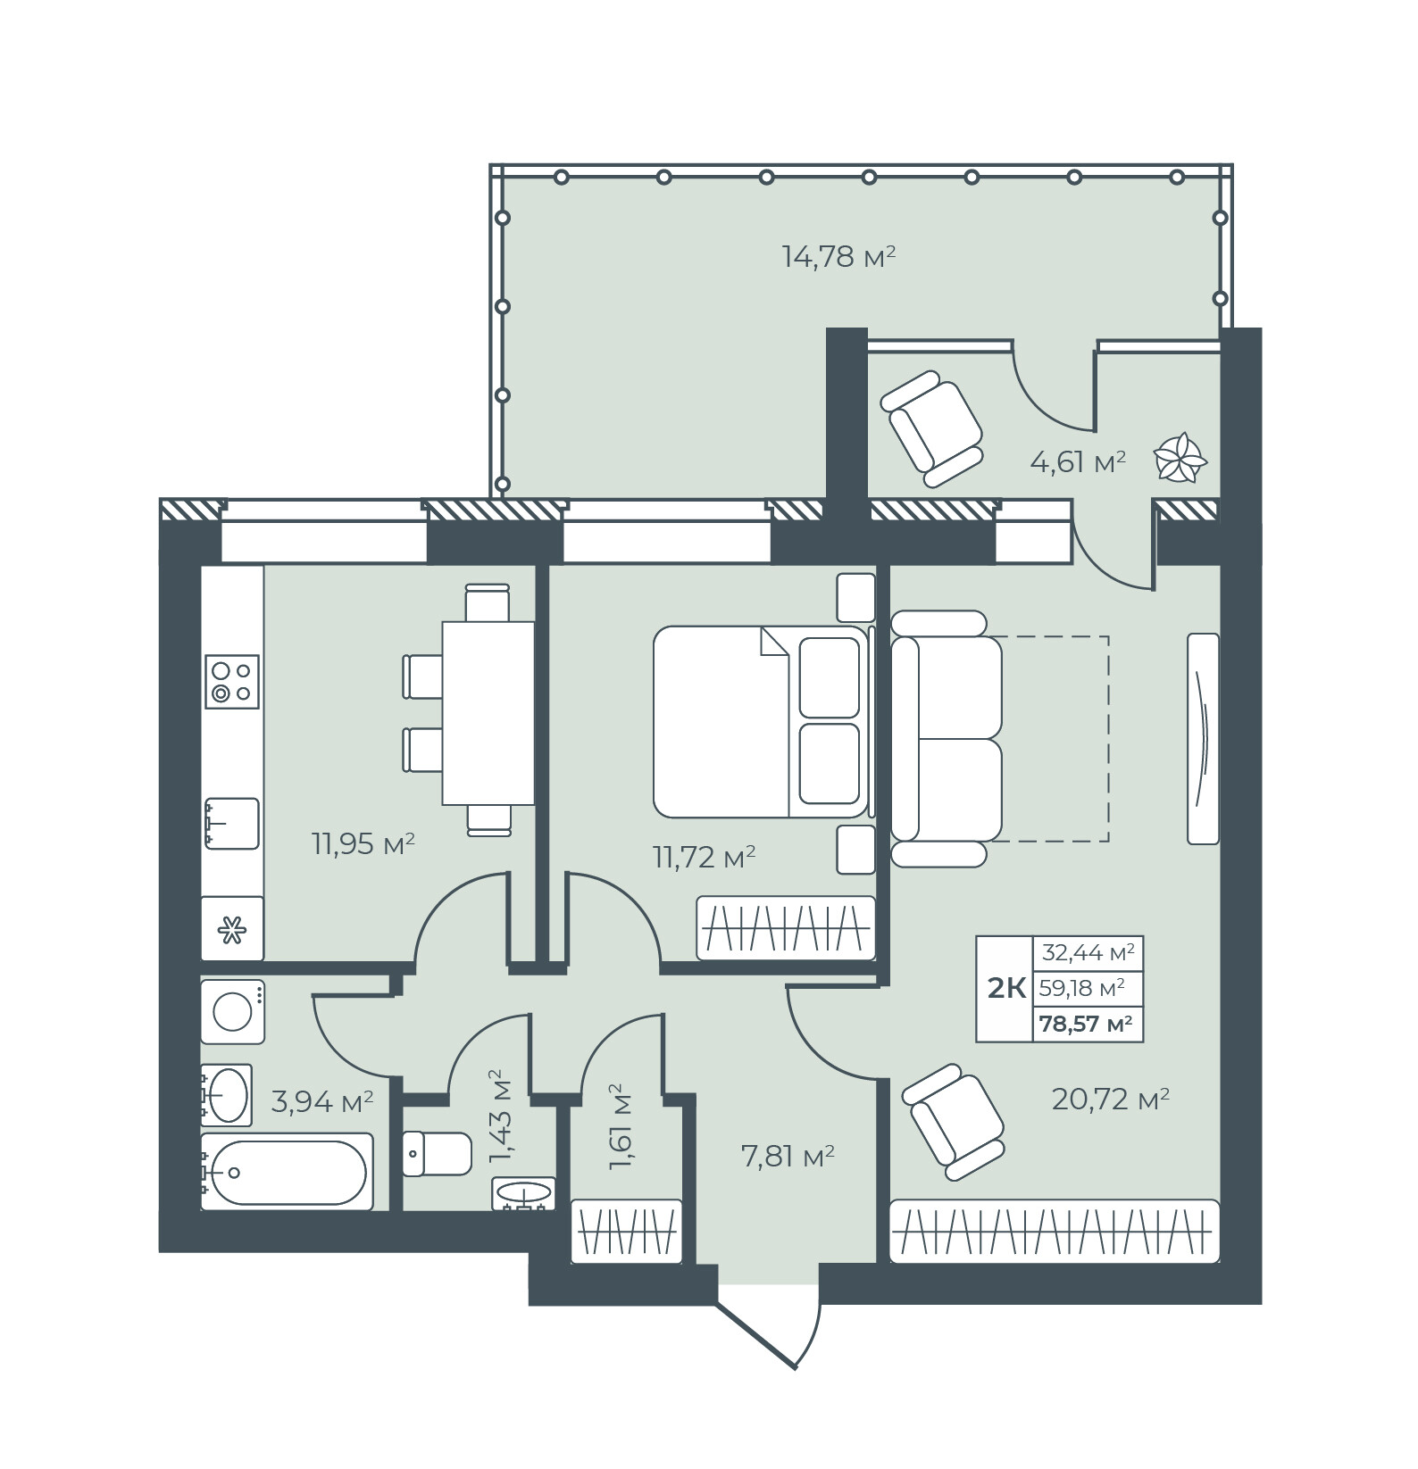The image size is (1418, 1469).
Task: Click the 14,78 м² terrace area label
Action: pyautogui.click(x=838, y=257)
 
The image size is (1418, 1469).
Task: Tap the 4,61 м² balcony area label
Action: pyautogui.click(x=1077, y=462)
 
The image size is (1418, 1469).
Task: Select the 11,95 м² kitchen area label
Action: pyautogui.click(x=363, y=843)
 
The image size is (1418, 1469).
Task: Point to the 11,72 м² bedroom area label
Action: pyautogui.click(x=705, y=858)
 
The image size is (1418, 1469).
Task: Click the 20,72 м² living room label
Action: pyautogui.click(x=1111, y=1099)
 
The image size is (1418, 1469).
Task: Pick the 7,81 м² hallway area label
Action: pyautogui.click(x=788, y=1157)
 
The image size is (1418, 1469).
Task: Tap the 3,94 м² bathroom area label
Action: pyautogui.click(x=321, y=1102)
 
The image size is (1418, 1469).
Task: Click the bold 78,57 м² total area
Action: pyautogui.click(x=1086, y=1024)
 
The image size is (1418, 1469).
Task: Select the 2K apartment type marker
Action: pyautogui.click(x=1005, y=989)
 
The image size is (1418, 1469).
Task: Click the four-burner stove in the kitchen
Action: pyautogui.click(x=232, y=681)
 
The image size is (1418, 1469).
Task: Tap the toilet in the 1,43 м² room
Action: pyautogui.click(x=437, y=1154)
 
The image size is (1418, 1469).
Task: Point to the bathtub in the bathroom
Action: pyautogui.click(x=286, y=1172)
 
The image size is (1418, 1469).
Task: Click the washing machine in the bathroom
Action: pyautogui.click(x=232, y=1012)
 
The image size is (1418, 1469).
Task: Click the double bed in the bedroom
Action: pyautogui.click(x=760, y=721)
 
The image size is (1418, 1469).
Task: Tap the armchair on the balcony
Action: pyautogui.click(x=931, y=429)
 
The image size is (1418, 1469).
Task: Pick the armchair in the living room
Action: pyautogui.click(x=954, y=1123)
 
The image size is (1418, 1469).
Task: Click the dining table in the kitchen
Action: pyautogui.click(x=488, y=712)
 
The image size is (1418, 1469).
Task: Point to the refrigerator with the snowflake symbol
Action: pyautogui.click(x=232, y=929)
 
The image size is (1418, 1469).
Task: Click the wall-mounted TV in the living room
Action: pyautogui.click(x=1203, y=738)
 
